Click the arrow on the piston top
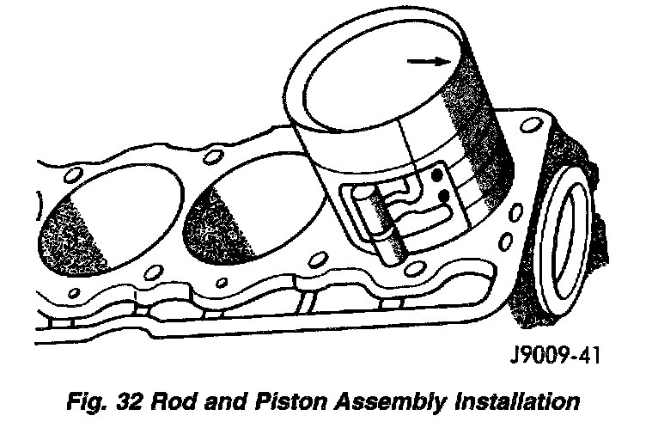(430, 61)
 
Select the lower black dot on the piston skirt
(444, 198)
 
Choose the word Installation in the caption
(517, 400)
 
